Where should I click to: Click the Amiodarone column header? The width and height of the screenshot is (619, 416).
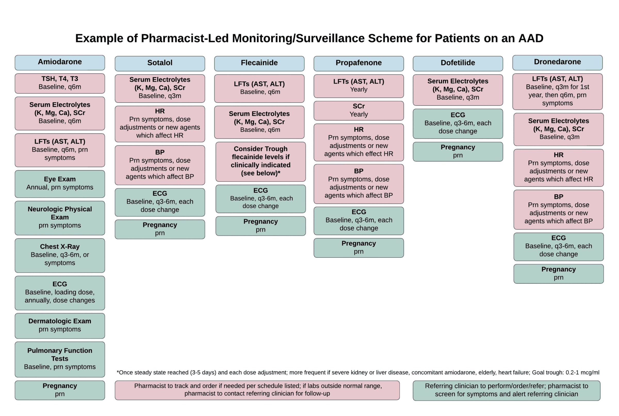[x=60, y=63]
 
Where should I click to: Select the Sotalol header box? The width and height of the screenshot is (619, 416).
[x=160, y=64]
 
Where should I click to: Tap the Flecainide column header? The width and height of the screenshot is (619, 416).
[x=259, y=64]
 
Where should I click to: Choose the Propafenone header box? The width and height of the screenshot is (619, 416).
[x=359, y=64]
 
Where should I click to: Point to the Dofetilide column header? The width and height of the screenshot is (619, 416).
[x=458, y=64]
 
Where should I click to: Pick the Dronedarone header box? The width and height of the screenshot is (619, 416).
[x=558, y=63]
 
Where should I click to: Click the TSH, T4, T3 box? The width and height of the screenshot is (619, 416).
[x=60, y=83]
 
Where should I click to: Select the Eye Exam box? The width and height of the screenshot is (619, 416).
[x=60, y=184]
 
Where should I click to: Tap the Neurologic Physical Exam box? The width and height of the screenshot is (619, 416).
[x=60, y=218]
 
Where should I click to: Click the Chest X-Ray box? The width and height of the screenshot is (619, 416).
[x=60, y=255]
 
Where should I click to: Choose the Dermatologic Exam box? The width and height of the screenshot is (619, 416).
[x=60, y=326]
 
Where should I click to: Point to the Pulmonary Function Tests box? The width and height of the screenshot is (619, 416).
[x=60, y=359]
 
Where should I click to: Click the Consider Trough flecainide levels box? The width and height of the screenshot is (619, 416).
[x=260, y=162]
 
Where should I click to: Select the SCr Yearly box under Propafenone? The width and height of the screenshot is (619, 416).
[x=359, y=111]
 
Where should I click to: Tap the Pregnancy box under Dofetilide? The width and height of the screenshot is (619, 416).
[x=458, y=151]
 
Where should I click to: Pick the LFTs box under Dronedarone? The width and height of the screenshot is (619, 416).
[x=558, y=92]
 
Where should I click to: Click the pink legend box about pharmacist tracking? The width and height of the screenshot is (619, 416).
[x=257, y=390]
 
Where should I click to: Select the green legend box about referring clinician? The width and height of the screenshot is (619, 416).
[x=507, y=390]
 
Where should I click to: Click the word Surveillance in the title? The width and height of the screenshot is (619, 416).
[x=330, y=38]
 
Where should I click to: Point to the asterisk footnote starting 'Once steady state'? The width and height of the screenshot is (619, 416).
[x=358, y=372]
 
